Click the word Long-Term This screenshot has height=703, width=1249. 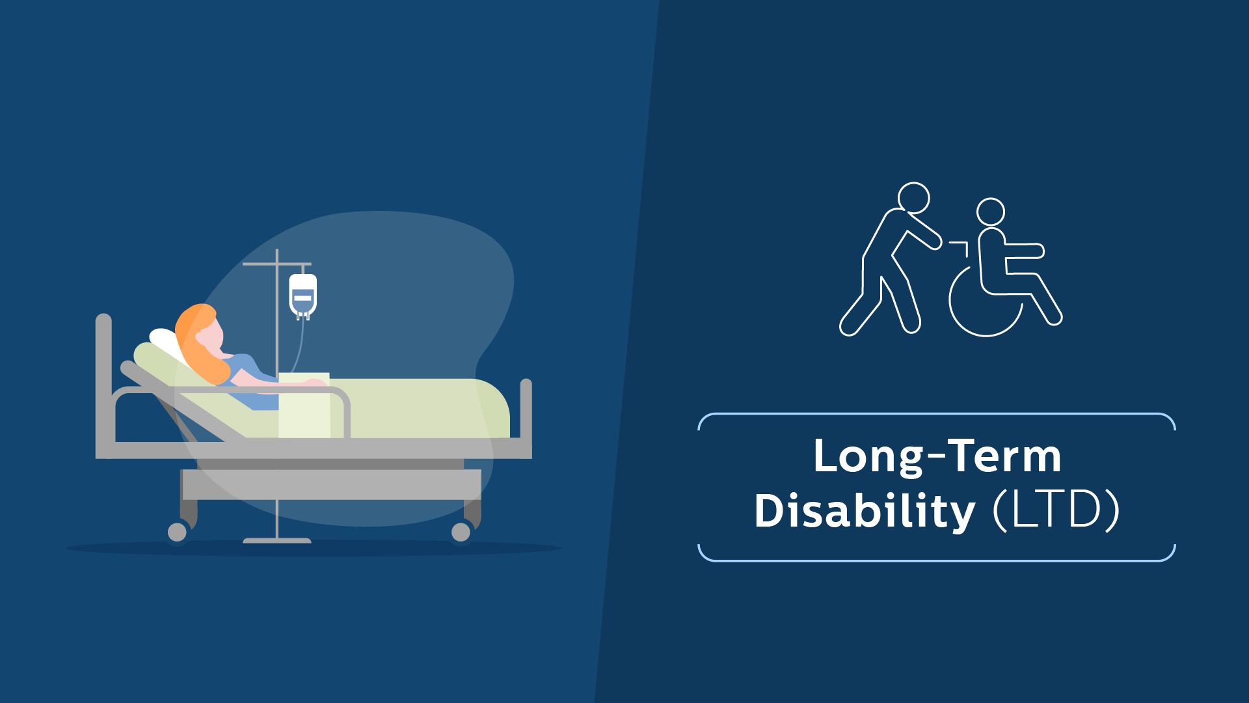tap(937, 456)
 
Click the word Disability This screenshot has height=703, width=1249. tap(865, 511)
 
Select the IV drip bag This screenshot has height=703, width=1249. tap(303, 296)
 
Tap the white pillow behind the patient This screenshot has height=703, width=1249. tap(167, 344)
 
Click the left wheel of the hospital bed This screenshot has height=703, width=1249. tap(177, 532)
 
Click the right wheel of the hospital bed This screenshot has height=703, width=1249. tap(461, 532)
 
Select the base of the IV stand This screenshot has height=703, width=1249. tap(277, 540)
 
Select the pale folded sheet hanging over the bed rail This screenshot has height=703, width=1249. tap(304, 405)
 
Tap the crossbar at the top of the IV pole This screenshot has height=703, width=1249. tap(276, 264)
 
